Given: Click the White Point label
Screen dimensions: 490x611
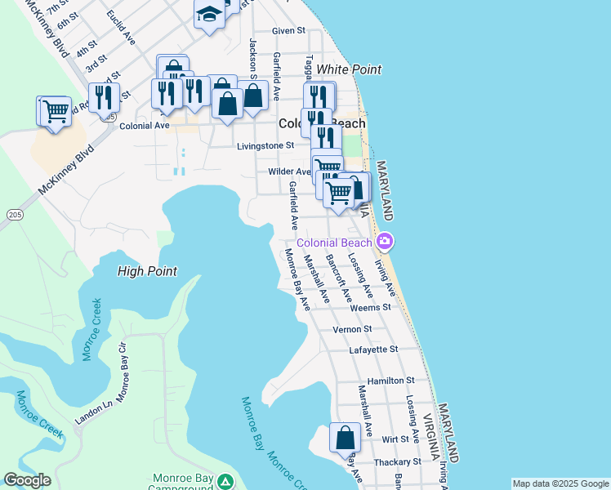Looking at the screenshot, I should tap(349, 69).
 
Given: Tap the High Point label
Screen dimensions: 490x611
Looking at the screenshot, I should tap(147, 271).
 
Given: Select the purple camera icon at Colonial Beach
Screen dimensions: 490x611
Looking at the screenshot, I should tap(385, 242).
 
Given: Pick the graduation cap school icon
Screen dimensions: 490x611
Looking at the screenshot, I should tap(209, 14).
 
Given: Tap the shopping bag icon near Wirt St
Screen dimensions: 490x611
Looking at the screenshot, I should tap(345, 437).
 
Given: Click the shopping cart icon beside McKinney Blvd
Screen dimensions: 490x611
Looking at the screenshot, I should tap(55, 110).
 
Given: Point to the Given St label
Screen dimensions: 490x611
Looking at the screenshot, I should tap(288, 30).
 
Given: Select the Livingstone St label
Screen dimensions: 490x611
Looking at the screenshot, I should tap(265, 146).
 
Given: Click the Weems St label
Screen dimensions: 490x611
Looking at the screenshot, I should tap(370, 308).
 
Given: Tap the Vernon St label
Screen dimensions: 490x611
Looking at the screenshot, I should tap(353, 329).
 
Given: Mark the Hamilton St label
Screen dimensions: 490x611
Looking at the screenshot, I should tap(391, 381).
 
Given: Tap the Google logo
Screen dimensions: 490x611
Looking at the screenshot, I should tap(27, 480).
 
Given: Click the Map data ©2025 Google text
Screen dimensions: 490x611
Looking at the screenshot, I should tap(560, 483).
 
